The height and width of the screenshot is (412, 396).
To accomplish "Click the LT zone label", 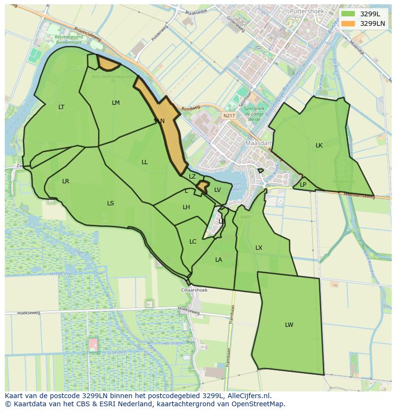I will pos(61,107).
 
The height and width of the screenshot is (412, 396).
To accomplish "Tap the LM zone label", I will pos(116,103).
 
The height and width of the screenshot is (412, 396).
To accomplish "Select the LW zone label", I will pos(289,325).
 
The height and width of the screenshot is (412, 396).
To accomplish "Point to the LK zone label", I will pos(319,145).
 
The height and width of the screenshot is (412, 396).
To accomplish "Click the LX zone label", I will pos(259,248).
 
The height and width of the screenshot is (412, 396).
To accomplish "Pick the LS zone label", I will pos(110,203).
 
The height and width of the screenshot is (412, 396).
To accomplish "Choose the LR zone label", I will pos(66,181).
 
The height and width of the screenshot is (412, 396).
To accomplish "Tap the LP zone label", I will pos(303,185).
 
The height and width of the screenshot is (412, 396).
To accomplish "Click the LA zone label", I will pos(219,260).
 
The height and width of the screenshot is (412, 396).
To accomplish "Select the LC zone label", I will pos(193,242).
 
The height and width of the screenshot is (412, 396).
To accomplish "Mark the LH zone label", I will pos(186,207).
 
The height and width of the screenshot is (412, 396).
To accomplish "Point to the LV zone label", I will pos(218,190).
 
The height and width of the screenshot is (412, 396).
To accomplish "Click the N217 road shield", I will pos(229,116).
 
